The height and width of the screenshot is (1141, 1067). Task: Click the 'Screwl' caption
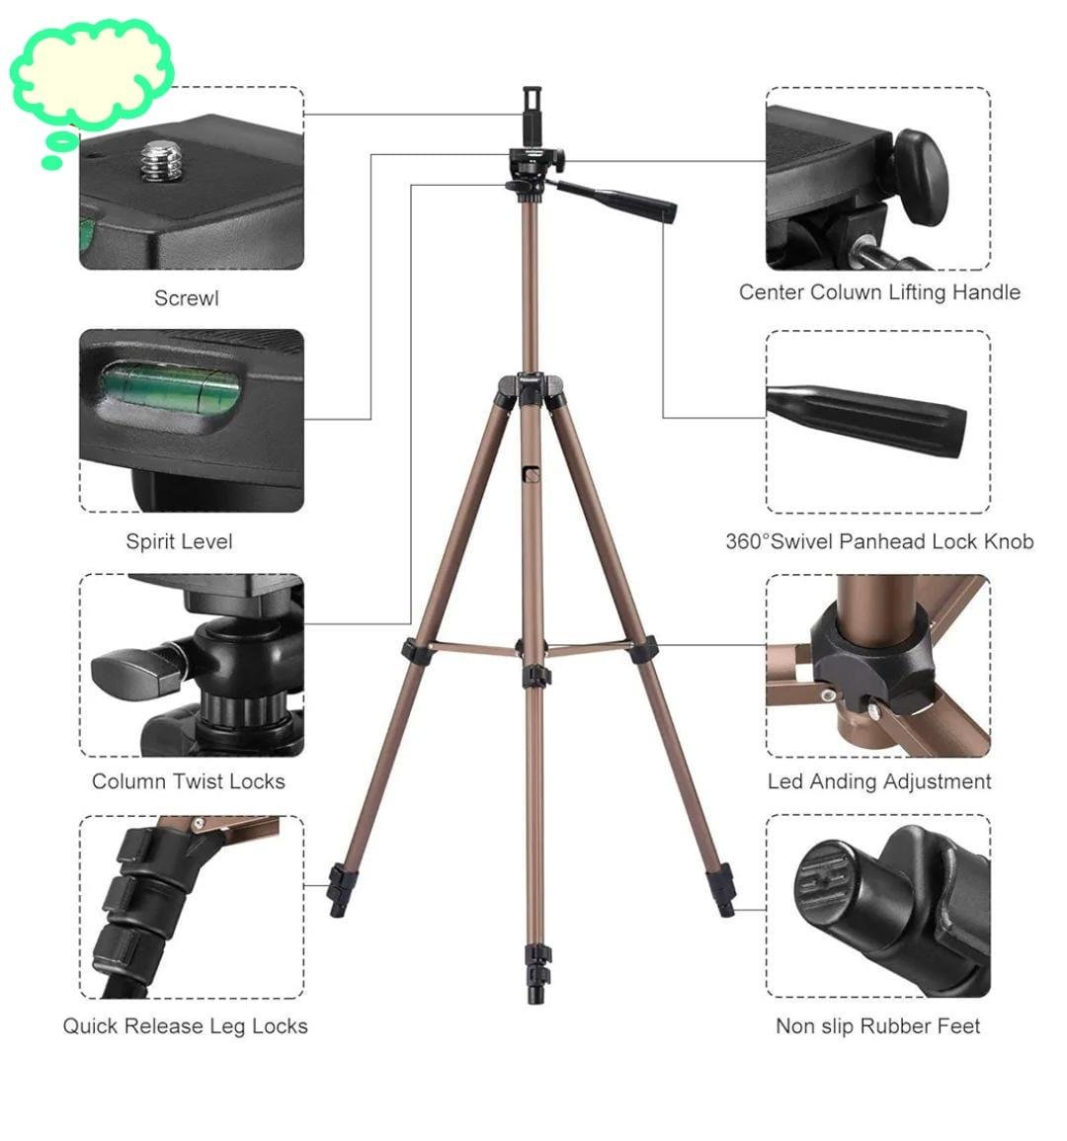pyautogui.click(x=187, y=298)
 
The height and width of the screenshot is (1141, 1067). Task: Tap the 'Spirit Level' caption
pyautogui.click(x=179, y=541)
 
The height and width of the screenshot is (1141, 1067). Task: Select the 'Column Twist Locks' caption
pyautogui.click(x=189, y=781)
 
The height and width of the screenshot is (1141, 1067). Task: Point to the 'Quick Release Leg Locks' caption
pyautogui.click(x=185, y=1026)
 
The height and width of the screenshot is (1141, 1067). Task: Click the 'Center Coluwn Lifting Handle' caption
pyautogui.click(x=879, y=292)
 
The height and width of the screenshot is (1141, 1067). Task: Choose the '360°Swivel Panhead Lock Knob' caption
pyautogui.click(x=879, y=541)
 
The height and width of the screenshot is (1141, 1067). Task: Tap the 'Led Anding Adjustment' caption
pyautogui.click(x=879, y=781)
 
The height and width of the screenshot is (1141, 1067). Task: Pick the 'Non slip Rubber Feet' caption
pyautogui.click(x=877, y=1026)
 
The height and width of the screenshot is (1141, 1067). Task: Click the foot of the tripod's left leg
pyautogui.click(x=340, y=890)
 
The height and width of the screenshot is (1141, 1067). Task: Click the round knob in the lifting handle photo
pyautogui.click(x=921, y=178)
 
